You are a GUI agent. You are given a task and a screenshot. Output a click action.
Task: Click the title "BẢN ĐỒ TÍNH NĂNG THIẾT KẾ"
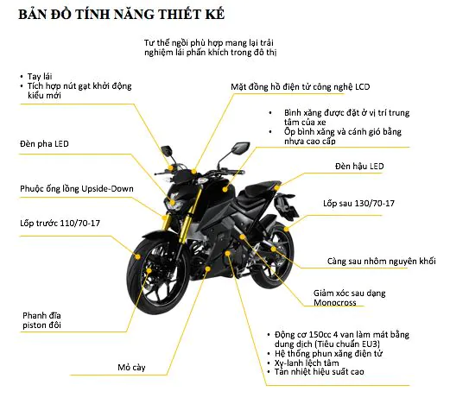click(121, 15)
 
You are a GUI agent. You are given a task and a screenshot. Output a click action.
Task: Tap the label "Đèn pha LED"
click(44, 143)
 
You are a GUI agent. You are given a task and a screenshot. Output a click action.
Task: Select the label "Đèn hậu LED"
click(359, 166)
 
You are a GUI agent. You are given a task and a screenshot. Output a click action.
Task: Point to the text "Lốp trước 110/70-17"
click(60, 223)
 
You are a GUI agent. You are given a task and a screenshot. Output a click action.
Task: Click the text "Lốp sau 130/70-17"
click(358, 203)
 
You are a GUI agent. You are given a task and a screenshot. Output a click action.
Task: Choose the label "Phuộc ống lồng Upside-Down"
click(77, 189)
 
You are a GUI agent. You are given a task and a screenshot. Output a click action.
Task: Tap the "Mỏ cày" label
click(131, 368)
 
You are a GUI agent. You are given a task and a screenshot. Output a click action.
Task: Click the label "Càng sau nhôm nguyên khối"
click(381, 261)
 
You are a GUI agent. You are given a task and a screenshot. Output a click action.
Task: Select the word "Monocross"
click(335, 303)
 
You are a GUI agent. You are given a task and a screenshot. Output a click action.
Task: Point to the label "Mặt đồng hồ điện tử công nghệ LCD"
click(301, 87)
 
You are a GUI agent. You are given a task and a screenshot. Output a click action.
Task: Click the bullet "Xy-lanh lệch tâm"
click(307, 363)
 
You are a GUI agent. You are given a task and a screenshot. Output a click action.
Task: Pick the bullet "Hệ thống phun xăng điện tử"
click(328, 353)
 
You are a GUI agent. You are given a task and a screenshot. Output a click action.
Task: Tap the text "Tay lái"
click(40, 77)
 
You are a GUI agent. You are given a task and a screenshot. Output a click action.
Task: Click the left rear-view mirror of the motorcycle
click(167, 150)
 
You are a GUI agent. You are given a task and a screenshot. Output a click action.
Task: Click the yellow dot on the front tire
click(138, 256)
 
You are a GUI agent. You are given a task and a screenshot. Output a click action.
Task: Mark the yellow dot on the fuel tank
click(225, 189)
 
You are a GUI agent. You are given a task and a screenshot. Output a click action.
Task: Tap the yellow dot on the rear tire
click(286, 229)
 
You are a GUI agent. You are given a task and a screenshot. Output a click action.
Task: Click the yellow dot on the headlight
click(172, 202)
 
